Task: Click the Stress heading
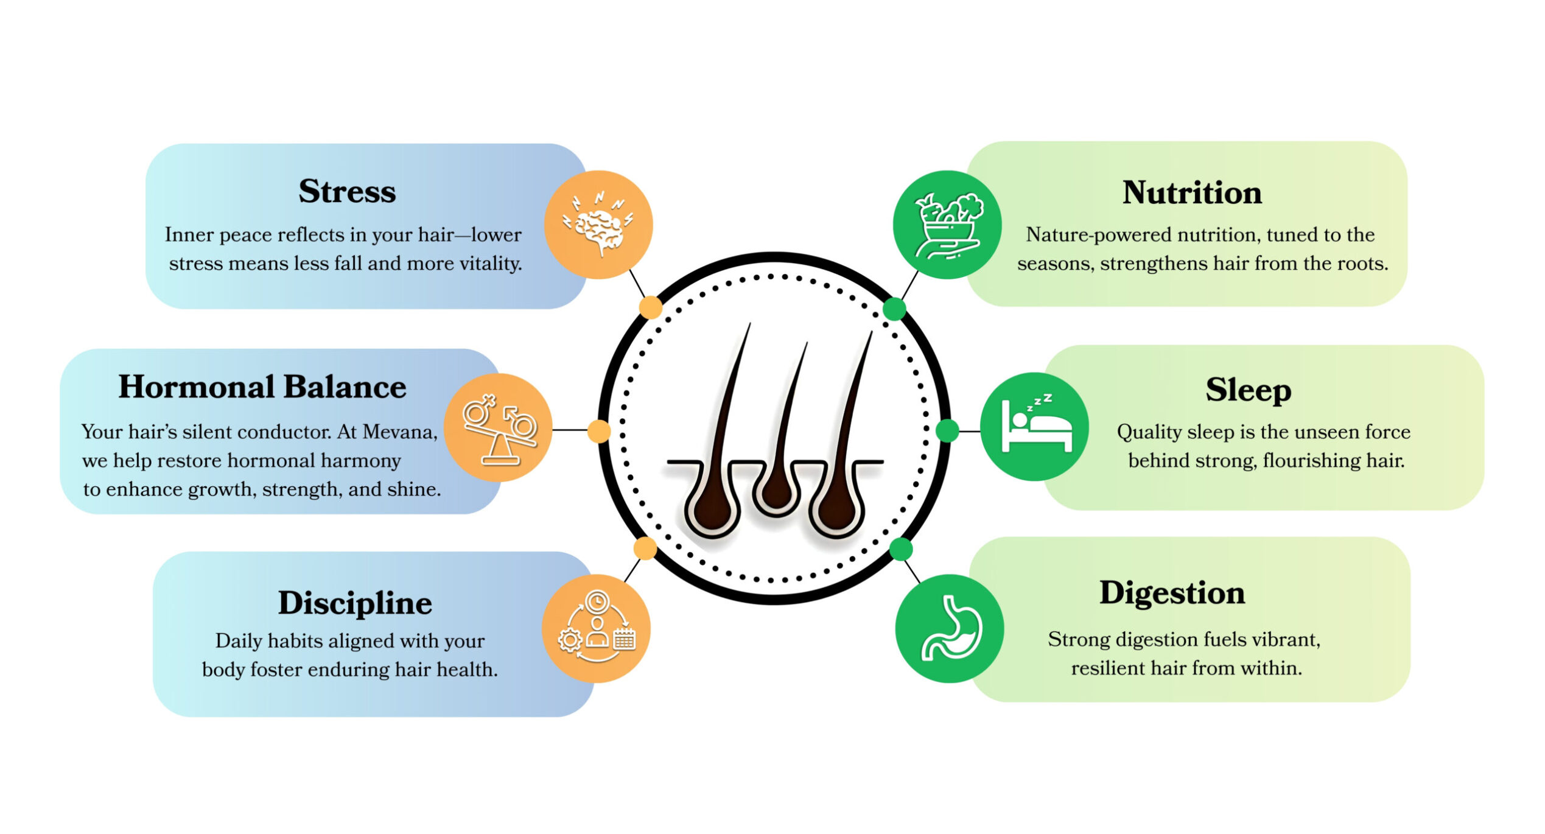347,191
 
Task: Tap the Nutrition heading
1192,192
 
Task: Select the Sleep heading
1248,390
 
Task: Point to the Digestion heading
1172,593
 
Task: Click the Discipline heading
355,603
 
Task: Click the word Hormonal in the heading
196,387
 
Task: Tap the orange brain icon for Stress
598,225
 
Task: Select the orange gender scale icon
499,428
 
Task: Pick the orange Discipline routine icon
597,628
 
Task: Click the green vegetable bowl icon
947,225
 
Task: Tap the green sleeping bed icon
1035,427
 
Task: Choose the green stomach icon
950,629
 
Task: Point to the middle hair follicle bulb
776,491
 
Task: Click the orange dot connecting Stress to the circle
651,307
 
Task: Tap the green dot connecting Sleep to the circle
947,430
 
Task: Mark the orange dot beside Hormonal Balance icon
599,430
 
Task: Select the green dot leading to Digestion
901,549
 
